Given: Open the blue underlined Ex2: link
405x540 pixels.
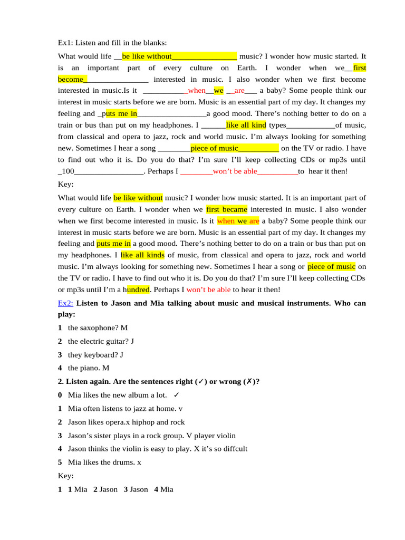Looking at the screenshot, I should point(65,303).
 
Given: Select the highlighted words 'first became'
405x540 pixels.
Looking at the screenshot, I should point(227,209).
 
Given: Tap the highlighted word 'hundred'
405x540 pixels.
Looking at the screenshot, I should point(138,290).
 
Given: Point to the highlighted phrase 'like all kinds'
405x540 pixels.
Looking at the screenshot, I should point(142,255).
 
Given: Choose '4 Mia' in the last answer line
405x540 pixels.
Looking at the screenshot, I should point(163,489).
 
